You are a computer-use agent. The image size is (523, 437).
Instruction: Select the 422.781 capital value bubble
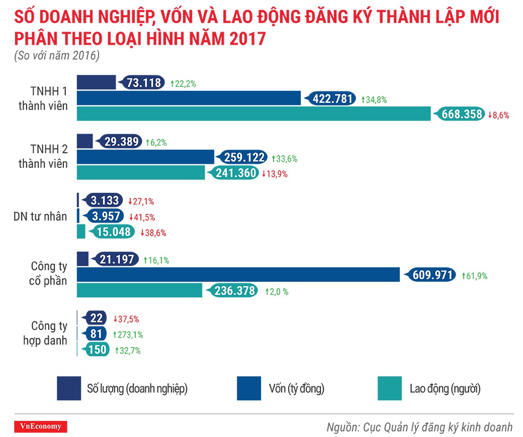point(333,98)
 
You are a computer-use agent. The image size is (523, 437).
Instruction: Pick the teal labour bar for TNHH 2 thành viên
point(141,173)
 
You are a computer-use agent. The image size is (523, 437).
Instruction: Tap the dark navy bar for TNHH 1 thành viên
point(96,83)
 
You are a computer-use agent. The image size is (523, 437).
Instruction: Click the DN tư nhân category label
point(40,216)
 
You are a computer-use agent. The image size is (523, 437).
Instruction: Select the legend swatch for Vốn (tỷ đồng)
point(249,388)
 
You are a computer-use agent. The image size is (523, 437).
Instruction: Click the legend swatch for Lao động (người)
point(390,388)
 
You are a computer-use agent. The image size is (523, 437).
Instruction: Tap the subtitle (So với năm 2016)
point(56,55)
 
